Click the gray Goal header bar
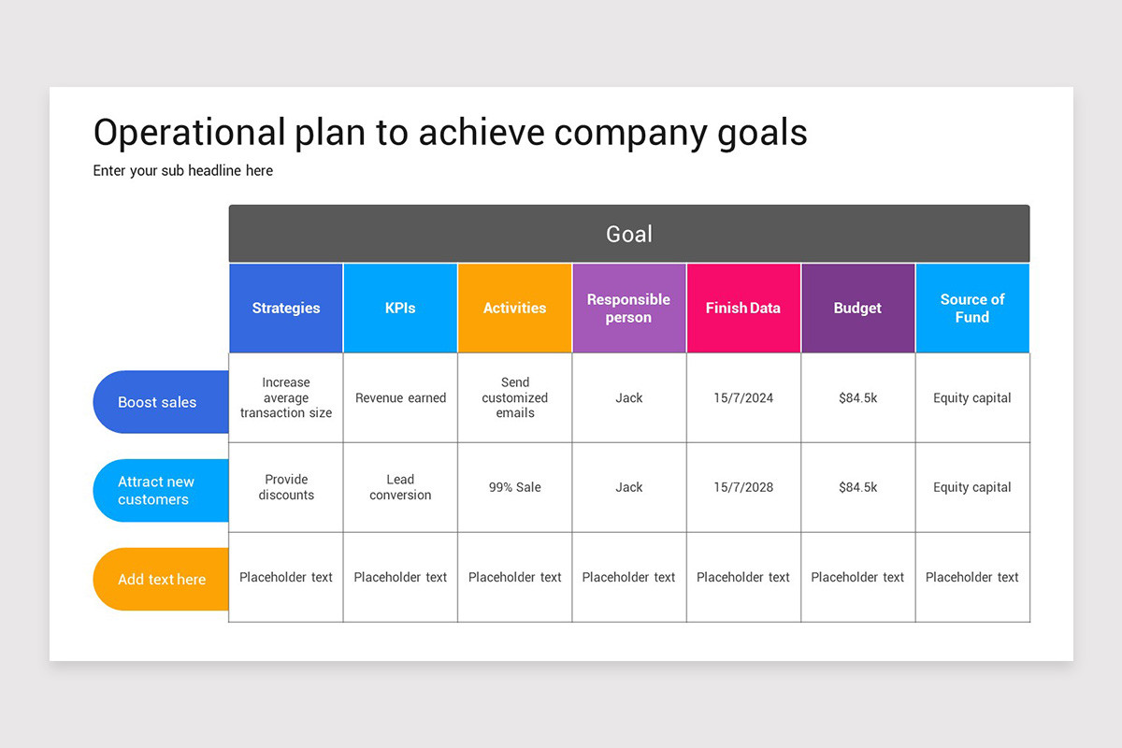[x=629, y=234]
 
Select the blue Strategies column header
[x=286, y=308]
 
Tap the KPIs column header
[x=400, y=308]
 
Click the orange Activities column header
[x=514, y=308]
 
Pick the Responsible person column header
[x=628, y=308]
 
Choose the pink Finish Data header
[x=743, y=308]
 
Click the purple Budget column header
[x=857, y=308]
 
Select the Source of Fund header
[x=972, y=308]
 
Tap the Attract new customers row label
[x=157, y=491]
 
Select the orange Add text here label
[x=161, y=580]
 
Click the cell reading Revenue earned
[x=400, y=397]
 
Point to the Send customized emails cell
[x=514, y=397]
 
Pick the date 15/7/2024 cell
[x=743, y=397]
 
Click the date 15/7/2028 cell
[x=743, y=487]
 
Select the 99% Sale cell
[x=514, y=487]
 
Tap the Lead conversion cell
[x=400, y=487]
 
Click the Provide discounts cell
[x=286, y=487]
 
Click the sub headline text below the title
[x=183, y=170]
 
